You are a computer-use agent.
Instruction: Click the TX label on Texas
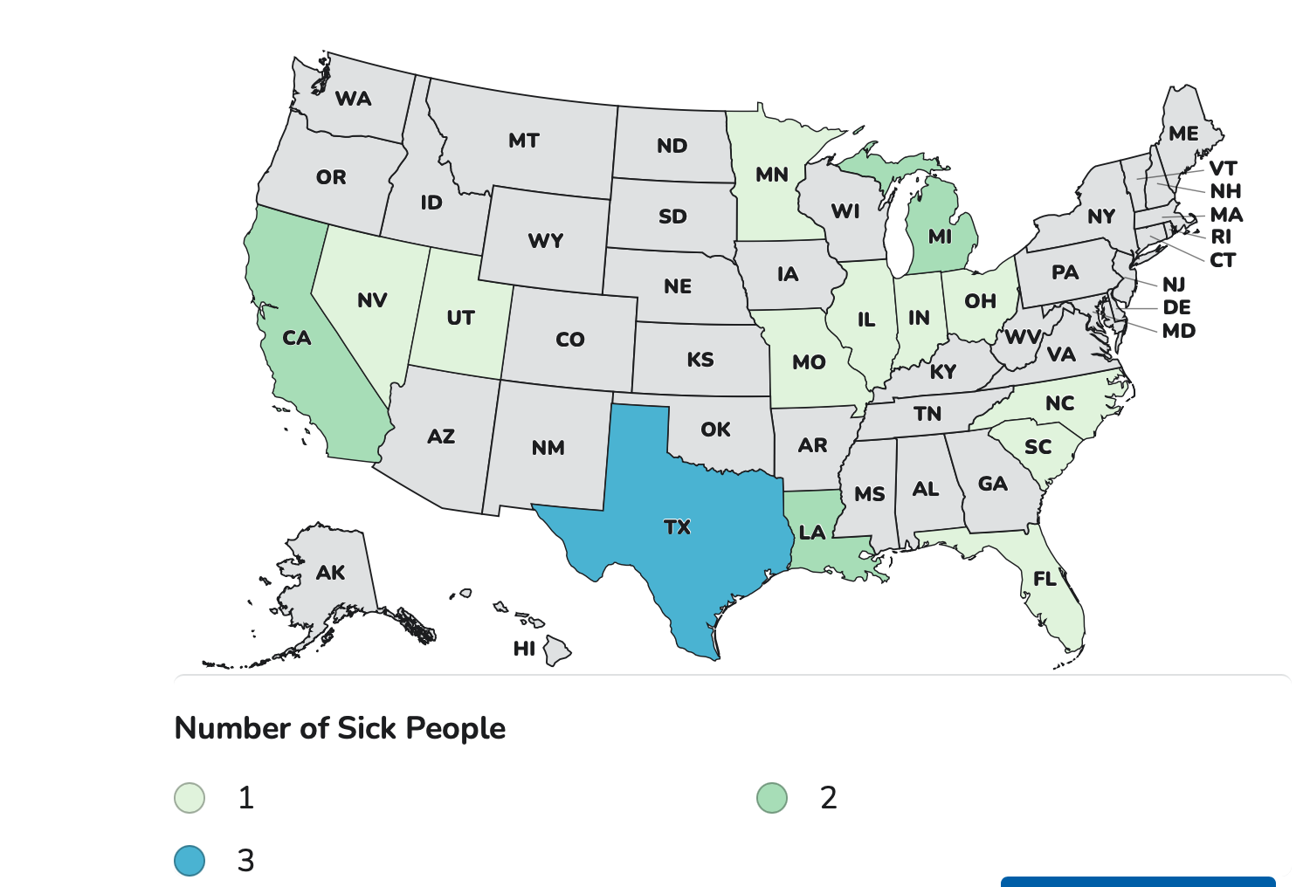[677, 527]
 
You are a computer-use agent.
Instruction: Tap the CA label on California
[297, 338]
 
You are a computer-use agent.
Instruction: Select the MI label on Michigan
[940, 237]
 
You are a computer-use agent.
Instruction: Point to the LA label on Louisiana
[812, 533]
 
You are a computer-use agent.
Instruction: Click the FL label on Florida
[1045, 579]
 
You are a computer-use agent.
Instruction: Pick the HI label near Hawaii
[524, 649]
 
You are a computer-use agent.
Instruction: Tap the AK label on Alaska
[330, 573]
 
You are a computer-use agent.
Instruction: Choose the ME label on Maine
[1183, 134]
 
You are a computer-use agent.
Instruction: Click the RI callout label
[1221, 237]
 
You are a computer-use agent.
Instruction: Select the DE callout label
[1176, 307]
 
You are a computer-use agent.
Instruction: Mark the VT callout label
[1223, 168]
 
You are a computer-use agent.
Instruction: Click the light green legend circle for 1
[190, 798]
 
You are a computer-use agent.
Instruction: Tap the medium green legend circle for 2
[772, 798]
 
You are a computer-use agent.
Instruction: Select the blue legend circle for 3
[190, 861]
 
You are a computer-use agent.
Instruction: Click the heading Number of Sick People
[340, 728]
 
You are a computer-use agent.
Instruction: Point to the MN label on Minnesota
[772, 175]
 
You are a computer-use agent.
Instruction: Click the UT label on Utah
[460, 318]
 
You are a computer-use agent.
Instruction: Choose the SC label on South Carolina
[1038, 447]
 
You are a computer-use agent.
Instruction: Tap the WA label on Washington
[354, 99]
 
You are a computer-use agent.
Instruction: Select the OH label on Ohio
[980, 301]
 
